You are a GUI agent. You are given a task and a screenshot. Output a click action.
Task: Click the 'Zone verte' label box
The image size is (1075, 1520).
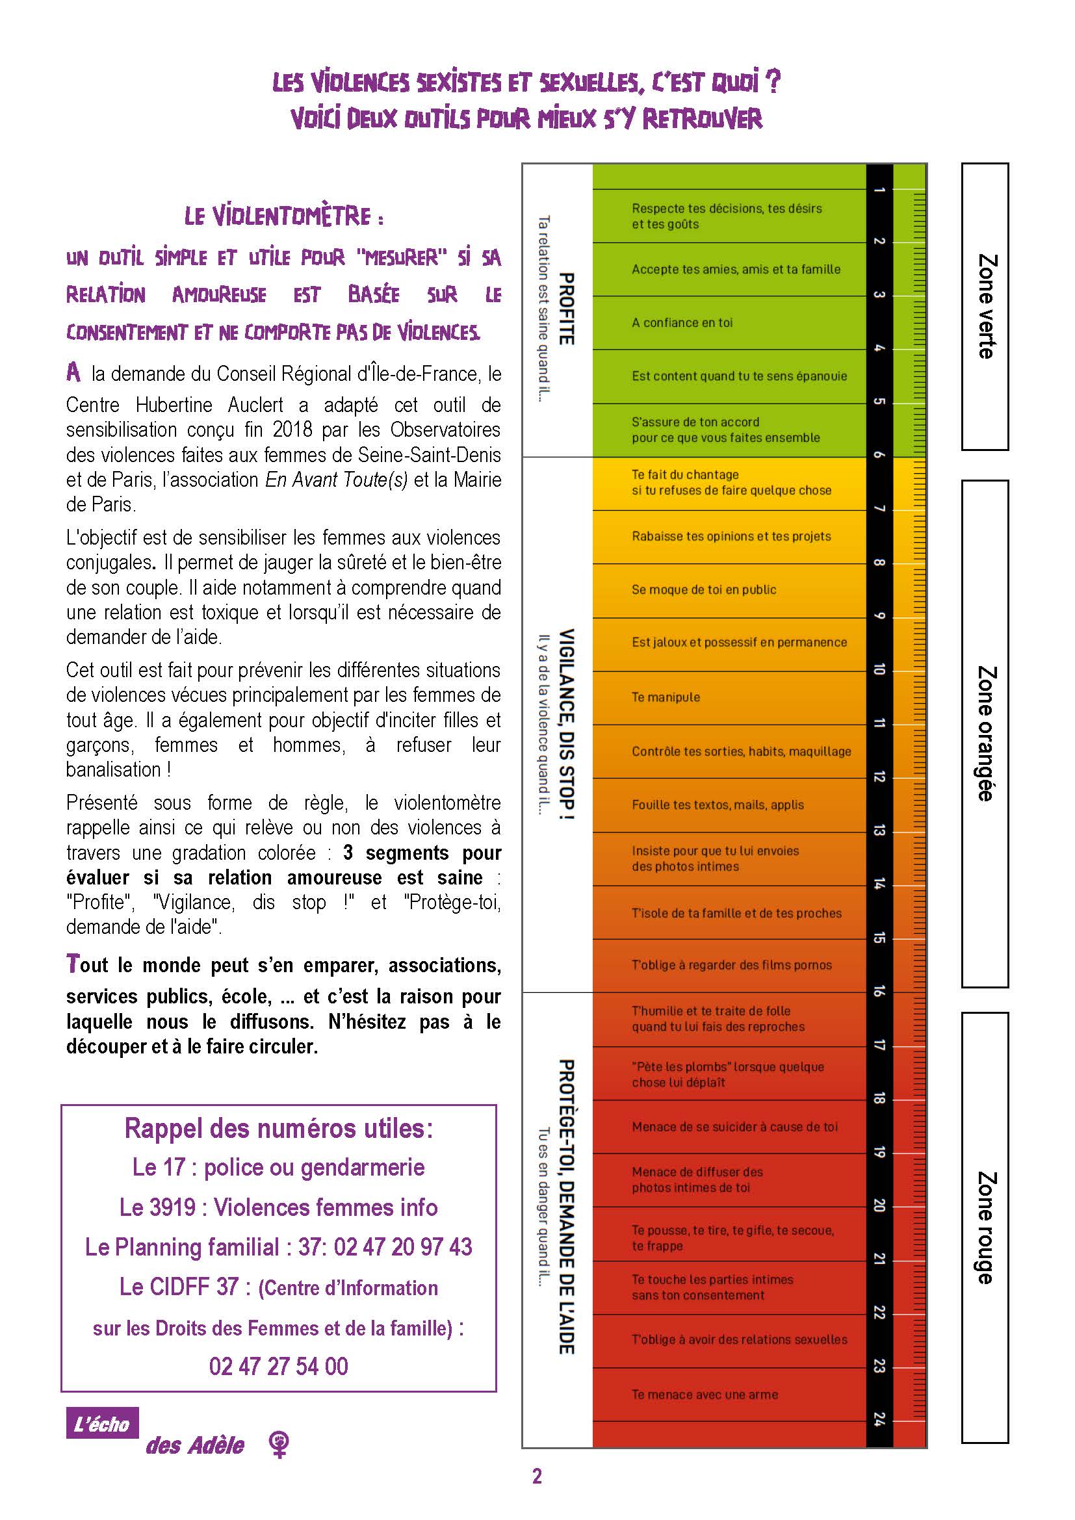(x=984, y=307)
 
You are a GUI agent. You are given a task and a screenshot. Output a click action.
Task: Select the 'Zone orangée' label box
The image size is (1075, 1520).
(x=984, y=734)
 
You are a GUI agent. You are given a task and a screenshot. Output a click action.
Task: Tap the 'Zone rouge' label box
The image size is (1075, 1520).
(x=984, y=1228)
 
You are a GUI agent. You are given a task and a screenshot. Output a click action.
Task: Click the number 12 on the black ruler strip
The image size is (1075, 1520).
(x=879, y=777)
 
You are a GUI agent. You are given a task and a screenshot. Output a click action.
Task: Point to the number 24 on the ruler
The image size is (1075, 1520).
(x=879, y=1419)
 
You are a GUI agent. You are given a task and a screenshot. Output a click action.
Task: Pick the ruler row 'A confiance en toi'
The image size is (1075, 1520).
(x=682, y=323)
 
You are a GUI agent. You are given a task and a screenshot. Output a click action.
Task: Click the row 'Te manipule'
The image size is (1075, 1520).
(x=666, y=697)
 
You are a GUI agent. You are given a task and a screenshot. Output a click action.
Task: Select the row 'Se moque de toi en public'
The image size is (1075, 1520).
(x=704, y=590)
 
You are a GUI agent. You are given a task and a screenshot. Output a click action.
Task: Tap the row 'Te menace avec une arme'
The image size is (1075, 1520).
(x=705, y=1394)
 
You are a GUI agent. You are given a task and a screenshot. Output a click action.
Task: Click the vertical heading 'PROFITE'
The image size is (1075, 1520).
(x=566, y=309)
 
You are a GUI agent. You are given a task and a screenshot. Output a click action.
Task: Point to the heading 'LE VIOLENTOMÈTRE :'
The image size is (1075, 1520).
(x=284, y=216)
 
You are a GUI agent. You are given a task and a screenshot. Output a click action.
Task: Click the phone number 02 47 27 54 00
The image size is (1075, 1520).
(x=278, y=1366)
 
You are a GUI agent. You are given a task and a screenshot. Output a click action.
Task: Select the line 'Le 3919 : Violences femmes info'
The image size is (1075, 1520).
(x=278, y=1207)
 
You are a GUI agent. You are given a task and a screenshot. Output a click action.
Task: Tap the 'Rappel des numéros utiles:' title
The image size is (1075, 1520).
(x=278, y=1128)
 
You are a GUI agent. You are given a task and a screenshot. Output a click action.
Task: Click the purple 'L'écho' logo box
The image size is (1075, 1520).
(x=102, y=1423)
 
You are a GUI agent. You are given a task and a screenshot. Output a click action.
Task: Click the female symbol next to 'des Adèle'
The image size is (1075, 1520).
(x=280, y=1443)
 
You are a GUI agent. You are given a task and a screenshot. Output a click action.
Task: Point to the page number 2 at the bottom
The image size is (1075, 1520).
(x=537, y=1476)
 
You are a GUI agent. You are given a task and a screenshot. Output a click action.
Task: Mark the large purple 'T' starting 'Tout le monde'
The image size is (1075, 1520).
(x=73, y=963)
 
